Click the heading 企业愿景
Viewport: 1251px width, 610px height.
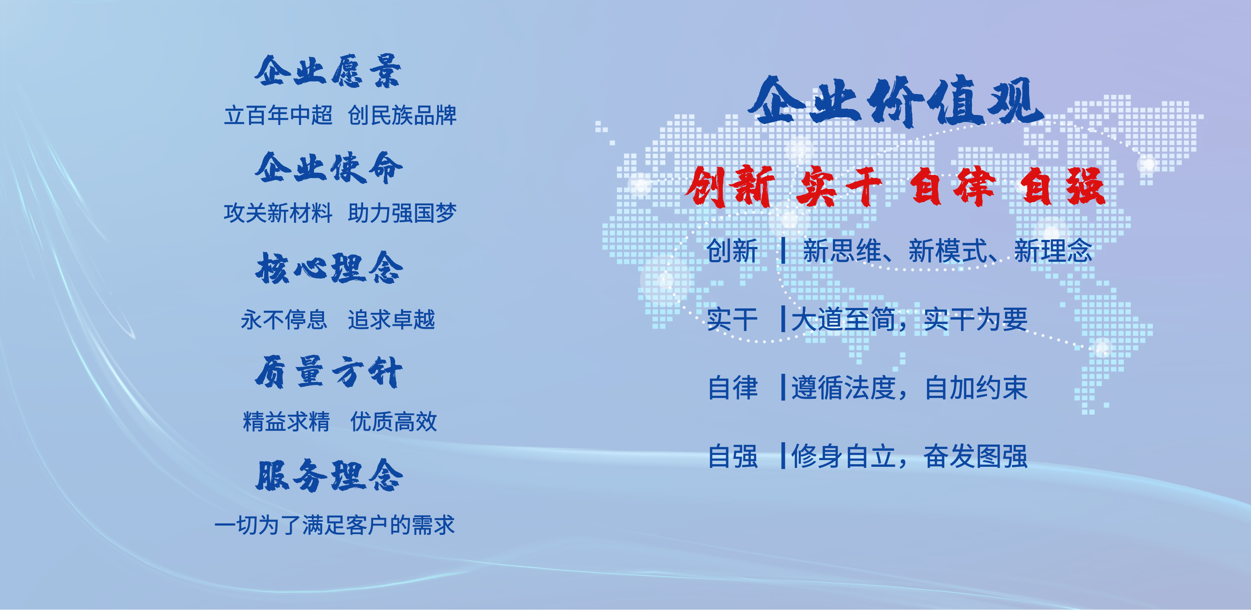pyautogui.click(x=328, y=71)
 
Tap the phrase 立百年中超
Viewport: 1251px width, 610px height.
pyautogui.click(x=278, y=116)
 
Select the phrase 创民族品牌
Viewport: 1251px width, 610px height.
pyautogui.click(x=403, y=116)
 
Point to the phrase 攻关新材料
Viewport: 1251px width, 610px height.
pyautogui.click(x=278, y=213)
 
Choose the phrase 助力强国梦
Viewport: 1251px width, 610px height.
pyautogui.click(x=403, y=213)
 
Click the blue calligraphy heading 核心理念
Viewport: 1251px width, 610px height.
pyautogui.click(x=329, y=268)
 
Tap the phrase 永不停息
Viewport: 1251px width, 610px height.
pyautogui.click(x=284, y=320)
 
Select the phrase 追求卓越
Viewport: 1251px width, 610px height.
pyautogui.click(x=391, y=320)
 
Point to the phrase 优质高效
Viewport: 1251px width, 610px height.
pyautogui.click(x=393, y=421)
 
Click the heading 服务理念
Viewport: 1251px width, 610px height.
pyautogui.click(x=329, y=475)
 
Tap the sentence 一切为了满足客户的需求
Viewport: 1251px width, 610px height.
pyautogui.click(x=334, y=525)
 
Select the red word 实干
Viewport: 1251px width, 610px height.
pyautogui.click(x=839, y=186)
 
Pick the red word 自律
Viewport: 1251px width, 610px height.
pyautogui.click(x=953, y=186)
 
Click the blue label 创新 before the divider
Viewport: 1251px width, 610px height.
pyautogui.click(x=732, y=251)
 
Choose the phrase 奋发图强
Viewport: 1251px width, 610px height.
pyautogui.click(x=976, y=456)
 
